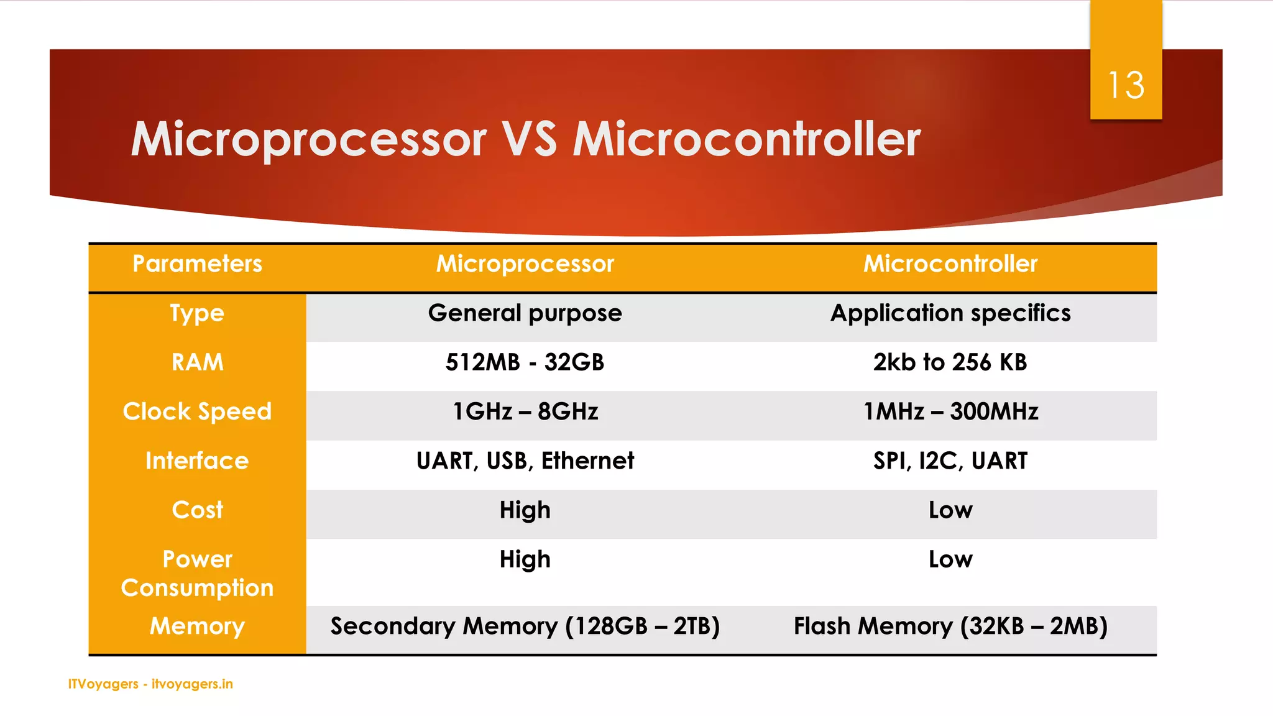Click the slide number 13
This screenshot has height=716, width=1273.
click(1126, 85)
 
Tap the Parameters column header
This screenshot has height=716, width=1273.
click(197, 264)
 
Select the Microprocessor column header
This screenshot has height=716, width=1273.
click(525, 264)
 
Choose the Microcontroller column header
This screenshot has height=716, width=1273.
click(950, 264)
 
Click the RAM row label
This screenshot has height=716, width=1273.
click(197, 362)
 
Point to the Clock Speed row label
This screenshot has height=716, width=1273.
click(197, 411)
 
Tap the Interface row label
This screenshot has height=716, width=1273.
click(197, 461)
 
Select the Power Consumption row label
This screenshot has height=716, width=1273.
click(197, 573)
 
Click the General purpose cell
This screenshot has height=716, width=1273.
click(525, 313)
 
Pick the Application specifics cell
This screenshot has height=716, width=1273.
click(950, 313)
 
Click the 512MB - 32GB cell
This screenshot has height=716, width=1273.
click(525, 362)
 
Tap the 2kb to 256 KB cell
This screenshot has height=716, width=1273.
click(950, 362)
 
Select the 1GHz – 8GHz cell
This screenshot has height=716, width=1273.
click(525, 411)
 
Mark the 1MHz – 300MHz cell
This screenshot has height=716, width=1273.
click(950, 411)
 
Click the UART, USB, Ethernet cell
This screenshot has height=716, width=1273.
click(525, 461)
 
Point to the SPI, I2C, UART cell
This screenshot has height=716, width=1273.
click(950, 461)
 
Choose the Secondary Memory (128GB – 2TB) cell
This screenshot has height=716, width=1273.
click(525, 626)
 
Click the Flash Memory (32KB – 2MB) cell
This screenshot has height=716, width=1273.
click(950, 626)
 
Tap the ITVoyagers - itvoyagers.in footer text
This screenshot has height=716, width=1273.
click(150, 684)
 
